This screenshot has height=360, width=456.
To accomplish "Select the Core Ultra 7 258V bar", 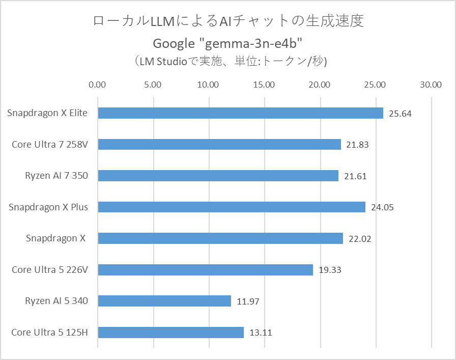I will tap(219, 145).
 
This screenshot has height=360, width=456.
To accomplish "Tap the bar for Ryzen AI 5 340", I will tap(164, 301).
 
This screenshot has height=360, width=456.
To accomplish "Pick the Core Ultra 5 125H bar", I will tap(170, 333).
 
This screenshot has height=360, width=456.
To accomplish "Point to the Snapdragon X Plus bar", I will tap(232, 207).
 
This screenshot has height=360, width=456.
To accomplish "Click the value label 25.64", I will tap(400, 114).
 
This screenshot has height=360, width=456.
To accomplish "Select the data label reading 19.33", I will tap(330, 270).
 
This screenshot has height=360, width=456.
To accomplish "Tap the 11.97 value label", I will tap(248, 301).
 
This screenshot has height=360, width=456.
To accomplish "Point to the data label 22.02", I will tap(360, 239).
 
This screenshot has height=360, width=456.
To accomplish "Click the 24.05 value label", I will tap(382, 207).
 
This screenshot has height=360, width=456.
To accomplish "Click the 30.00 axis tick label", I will tap(431, 85).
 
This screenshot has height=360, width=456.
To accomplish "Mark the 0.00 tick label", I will tap(97, 85).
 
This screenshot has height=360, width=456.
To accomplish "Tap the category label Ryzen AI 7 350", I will tap(56, 176).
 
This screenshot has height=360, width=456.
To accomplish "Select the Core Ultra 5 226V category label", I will tap(50, 269).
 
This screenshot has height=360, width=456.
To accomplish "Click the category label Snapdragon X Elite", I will tap(47, 113).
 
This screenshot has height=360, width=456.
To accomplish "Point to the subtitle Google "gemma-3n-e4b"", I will tap(228, 42).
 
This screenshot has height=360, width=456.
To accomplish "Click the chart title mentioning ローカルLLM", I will tap(228, 21).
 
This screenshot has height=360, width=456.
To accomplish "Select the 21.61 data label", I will tap(355, 176).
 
